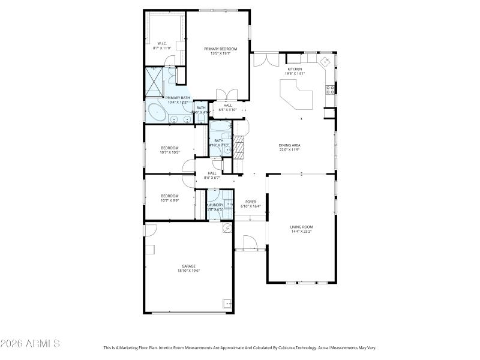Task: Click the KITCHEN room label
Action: [295, 69]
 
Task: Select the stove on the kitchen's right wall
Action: [329, 91]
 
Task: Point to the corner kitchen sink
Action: [325, 61]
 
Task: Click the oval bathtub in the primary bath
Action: [158, 112]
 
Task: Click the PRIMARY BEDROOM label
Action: [220, 49]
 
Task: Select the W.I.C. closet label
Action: [162, 43]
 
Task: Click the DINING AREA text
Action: [289, 145]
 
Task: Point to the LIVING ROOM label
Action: [302, 226]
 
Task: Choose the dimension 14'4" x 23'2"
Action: [302, 231]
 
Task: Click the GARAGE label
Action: [188, 266]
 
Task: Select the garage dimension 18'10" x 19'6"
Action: [188, 271]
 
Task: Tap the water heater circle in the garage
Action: [227, 229]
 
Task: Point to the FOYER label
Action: [251, 202]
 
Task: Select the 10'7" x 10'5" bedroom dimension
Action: [170, 152]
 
